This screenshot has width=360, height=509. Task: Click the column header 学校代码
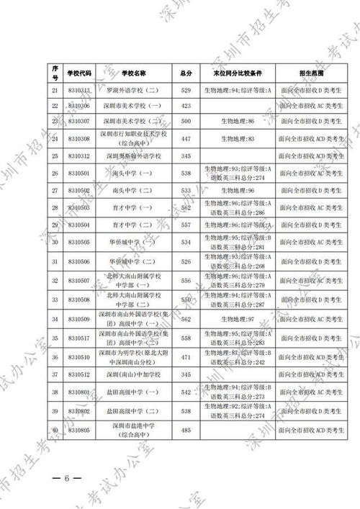[78, 73]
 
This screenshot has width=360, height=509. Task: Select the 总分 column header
[186, 73]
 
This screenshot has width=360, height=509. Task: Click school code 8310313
[78, 91]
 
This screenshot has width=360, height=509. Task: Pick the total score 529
[186, 91]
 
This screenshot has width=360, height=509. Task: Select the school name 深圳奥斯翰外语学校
[133, 156]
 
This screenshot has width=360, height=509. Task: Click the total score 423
[186, 106]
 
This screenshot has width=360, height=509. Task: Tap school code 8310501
[78, 173]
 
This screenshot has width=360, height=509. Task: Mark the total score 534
[186, 243]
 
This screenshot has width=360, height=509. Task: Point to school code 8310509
[78, 319]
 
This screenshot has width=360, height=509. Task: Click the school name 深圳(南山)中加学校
[133, 374]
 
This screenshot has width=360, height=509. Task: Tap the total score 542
[186, 392]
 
